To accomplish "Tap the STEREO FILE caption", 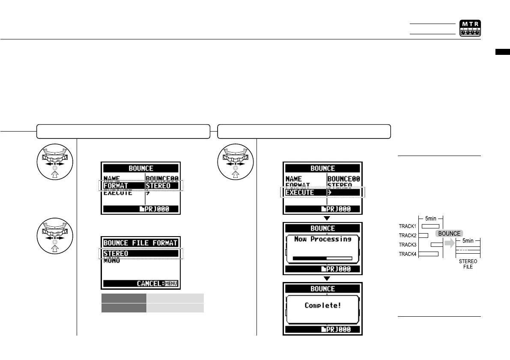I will [x=468, y=263].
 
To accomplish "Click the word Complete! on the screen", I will [x=322, y=306].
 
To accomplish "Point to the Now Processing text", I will [x=322, y=239].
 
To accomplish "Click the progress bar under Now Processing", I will [x=322, y=258].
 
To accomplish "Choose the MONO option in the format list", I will [x=111, y=260].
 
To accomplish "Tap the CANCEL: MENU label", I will [x=157, y=284].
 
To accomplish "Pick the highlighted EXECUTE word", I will [x=300, y=193].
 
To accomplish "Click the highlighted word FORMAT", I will [x=116, y=186].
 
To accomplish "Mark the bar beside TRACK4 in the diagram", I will [x=428, y=254].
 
